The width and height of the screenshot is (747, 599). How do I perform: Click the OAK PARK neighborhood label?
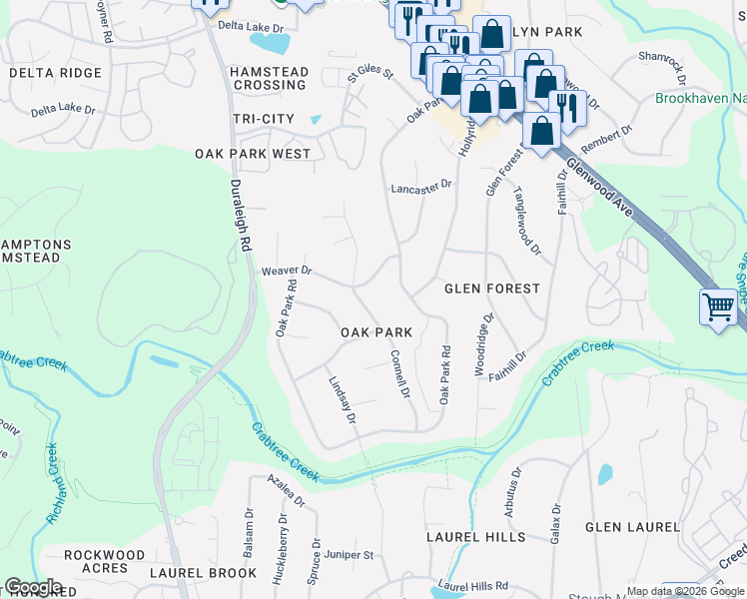(376, 332)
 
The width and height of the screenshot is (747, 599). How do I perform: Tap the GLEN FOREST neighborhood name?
(491, 289)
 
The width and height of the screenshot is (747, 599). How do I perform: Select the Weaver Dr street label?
(287, 271)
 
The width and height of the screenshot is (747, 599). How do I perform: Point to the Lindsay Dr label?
(343, 399)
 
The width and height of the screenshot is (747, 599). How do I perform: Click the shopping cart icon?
(718, 307)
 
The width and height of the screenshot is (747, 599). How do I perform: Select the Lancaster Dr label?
(421, 186)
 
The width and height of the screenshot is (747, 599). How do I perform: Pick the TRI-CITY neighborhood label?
(264, 119)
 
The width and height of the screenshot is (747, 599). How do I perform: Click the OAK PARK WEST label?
(253, 155)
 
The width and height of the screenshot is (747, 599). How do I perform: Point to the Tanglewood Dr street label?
(526, 222)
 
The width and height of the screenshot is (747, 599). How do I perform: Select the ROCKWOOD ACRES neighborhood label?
(104, 561)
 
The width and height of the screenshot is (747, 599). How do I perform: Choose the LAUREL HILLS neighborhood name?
(475, 537)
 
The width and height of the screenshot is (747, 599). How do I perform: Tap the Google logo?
(33, 587)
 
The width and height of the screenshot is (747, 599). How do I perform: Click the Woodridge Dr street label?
(483, 345)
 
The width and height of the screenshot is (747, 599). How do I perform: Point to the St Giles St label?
(371, 74)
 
